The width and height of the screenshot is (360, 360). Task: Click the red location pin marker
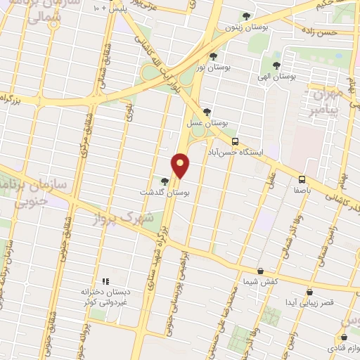pos(181,165)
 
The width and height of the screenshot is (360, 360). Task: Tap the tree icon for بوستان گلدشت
pos(165,181)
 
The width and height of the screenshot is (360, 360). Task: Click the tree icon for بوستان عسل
pos(207,111)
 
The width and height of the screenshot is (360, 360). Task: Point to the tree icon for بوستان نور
pos(213,55)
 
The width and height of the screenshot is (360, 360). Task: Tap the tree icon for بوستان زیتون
pos(245,16)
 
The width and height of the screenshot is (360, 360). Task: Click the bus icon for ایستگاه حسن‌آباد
pos(236,140)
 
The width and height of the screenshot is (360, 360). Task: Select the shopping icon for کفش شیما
pos(261,271)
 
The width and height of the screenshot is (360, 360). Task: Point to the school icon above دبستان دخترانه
pos(106,281)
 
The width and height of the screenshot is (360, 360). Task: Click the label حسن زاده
pos(318,32)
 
